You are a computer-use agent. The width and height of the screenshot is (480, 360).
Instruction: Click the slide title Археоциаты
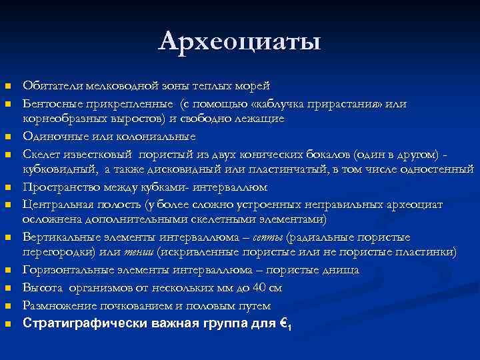pos(240,41)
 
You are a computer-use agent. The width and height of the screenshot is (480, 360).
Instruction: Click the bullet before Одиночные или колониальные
pos(8,137)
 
